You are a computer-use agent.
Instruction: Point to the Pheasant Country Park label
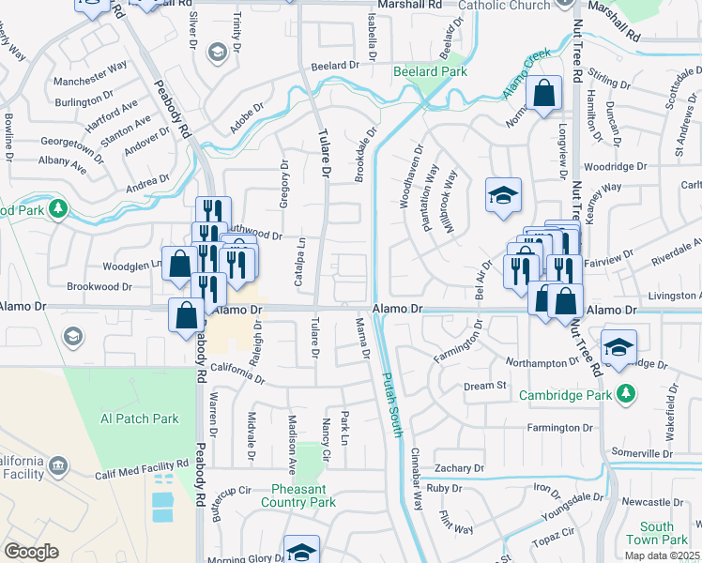point(303,495)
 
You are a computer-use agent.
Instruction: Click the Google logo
point(31,552)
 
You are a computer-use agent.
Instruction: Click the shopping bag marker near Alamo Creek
point(544,94)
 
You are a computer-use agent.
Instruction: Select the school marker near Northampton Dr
point(618,347)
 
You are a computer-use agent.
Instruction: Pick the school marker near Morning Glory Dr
point(302,550)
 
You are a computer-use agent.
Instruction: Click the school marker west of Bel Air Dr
point(503,194)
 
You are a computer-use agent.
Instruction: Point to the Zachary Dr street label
point(459,467)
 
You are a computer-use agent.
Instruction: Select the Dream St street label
point(484,385)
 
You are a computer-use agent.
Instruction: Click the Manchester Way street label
point(90,68)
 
